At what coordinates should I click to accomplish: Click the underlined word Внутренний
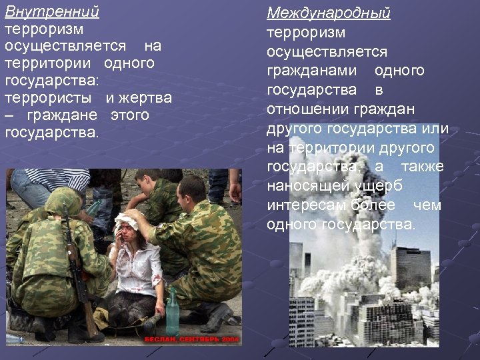click(52, 12)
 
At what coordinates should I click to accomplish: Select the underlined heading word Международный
click(329, 13)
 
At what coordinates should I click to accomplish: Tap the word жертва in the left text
click(147, 98)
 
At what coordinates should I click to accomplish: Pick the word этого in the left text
click(129, 115)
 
